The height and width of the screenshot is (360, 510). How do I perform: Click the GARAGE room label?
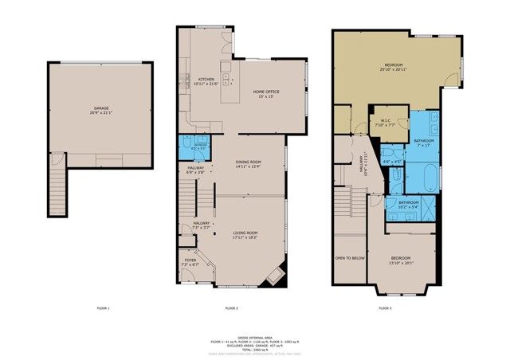pos(101,108)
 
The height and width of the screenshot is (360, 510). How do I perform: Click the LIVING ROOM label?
pos(245,233)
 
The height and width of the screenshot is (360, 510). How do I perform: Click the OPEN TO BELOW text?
pos(350,259)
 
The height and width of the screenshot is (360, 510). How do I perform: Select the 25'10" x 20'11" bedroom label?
pos(395,66)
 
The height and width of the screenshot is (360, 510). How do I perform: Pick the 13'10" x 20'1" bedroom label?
pos(400,260)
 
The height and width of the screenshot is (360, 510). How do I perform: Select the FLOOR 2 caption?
pos(231,307)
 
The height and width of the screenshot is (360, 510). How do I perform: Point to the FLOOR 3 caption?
pos(383,307)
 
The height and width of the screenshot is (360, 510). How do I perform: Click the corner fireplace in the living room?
pos(276,275)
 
